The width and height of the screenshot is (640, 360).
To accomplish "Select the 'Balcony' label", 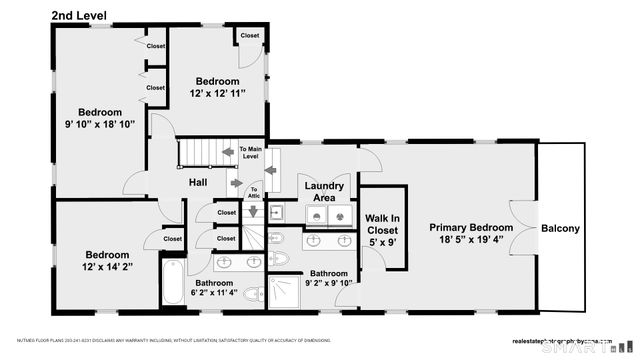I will coord(560,229).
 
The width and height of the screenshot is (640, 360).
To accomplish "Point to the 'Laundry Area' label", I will coord(324,191).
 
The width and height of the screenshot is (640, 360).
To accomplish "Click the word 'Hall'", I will coord(198,182).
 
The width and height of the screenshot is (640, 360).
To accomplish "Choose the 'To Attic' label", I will coord(254,191).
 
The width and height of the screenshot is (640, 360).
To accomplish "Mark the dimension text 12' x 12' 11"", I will coord(217,93).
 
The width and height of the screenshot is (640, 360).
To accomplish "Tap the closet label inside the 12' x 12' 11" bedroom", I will coord(249,36).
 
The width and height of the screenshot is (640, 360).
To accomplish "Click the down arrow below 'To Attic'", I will coord(253,210).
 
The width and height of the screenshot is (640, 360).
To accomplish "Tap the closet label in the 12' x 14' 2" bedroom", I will coord(173,239).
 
